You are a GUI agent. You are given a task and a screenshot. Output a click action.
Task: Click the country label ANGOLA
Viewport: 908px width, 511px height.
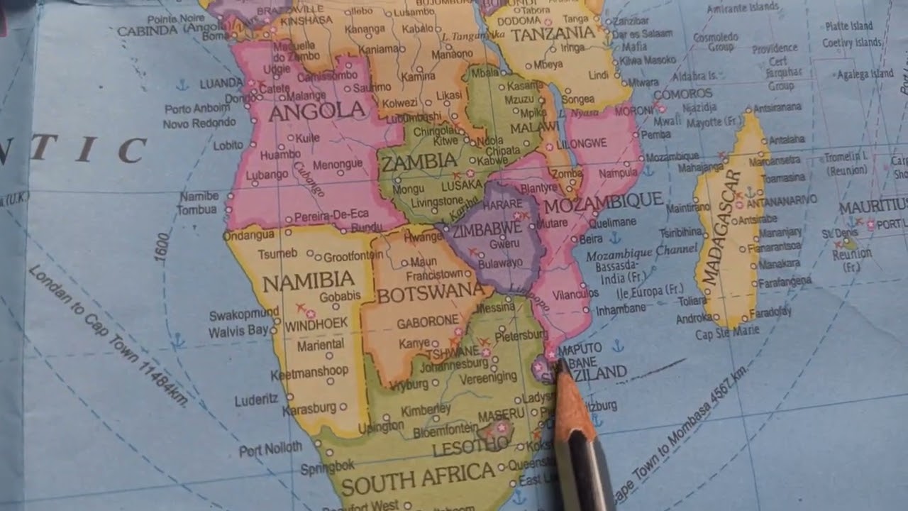click(x=317, y=111)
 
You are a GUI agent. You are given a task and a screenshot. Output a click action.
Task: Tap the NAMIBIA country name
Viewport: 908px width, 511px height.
click(x=308, y=282)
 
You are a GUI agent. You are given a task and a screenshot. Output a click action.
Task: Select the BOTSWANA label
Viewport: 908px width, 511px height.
click(x=431, y=294)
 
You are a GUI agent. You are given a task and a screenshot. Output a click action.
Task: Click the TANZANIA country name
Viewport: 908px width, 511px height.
click(x=553, y=34)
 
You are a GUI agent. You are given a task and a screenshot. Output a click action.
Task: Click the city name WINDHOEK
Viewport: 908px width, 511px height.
click(x=316, y=323)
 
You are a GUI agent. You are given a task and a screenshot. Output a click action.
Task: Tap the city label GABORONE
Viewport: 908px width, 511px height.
click(x=428, y=322)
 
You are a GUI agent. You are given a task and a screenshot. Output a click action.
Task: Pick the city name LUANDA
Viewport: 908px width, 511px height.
click(x=221, y=84)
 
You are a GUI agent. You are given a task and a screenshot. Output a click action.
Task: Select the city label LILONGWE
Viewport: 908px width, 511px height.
click(x=582, y=143)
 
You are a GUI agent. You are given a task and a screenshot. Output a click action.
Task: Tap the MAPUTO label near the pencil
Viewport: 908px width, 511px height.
click(x=580, y=348)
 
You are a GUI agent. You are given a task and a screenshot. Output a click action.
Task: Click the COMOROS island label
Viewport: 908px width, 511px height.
click(x=682, y=94)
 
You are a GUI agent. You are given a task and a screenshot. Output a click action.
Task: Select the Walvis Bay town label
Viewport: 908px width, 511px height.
click(x=238, y=331)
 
